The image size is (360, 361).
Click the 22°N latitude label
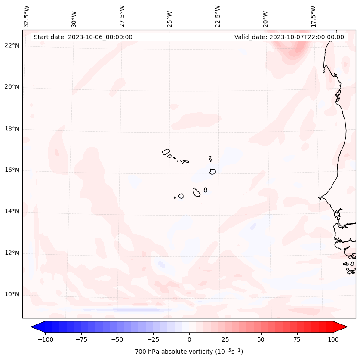12,46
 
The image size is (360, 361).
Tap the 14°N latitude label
12,211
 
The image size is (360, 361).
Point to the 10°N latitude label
12,294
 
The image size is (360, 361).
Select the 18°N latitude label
12,129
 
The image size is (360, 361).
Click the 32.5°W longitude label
26,16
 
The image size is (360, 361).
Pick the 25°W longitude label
170,17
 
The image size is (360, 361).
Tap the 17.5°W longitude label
313,16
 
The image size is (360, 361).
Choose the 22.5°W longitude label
218,16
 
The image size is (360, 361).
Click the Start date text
83,37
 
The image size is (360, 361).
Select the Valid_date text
289,37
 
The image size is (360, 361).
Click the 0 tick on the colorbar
189,339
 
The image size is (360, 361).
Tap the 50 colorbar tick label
261,339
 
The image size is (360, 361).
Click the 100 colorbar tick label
333,339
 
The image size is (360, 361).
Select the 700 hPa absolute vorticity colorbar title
189,352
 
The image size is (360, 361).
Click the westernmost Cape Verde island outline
166,152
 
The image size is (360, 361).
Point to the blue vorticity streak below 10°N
129,309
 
